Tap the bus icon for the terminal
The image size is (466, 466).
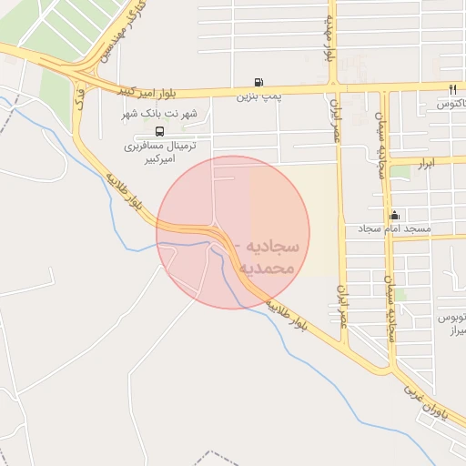160,130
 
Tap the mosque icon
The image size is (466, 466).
394,215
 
